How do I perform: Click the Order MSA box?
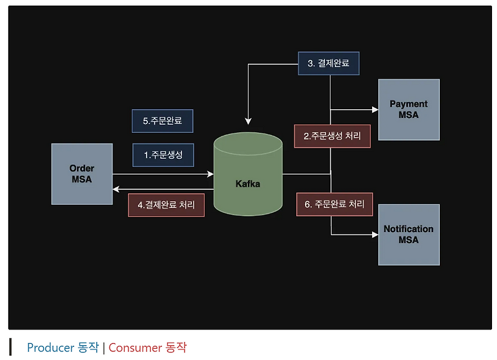click(81, 174)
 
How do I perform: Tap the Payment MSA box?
click(408, 109)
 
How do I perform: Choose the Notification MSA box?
click(408, 235)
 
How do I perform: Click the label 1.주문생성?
click(163, 155)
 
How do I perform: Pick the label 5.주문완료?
click(162, 121)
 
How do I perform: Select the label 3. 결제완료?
click(329, 63)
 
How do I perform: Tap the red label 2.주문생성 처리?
click(332, 136)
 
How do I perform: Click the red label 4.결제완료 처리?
click(166, 204)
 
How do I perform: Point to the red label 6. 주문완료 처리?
click(334, 204)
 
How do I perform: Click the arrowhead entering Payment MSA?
click(375, 110)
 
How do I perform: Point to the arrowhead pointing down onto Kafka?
click(248, 120)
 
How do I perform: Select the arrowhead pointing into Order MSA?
click(116, 189)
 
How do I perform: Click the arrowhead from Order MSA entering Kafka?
click(210, 174)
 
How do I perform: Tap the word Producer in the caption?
click(50, 348)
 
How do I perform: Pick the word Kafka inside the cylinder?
click(247, 184)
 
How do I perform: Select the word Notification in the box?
click(408, 229)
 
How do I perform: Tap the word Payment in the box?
click(408, 104)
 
